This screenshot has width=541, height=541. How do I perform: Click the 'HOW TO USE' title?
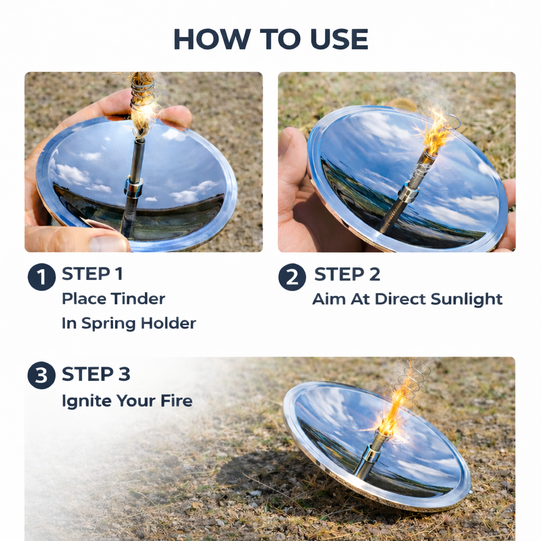[x=270, y=39]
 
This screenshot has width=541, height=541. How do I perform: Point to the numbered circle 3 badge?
[x=42, y=376]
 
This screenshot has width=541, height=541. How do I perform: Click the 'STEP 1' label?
[x=92, y=274]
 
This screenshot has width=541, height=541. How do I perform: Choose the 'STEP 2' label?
[x=347, y=274]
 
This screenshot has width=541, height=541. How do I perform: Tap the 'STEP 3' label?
[x=96, y=374]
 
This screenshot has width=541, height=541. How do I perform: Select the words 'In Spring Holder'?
[x=128, y=323]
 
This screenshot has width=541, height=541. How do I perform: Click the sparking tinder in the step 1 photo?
[x=142, y=114]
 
